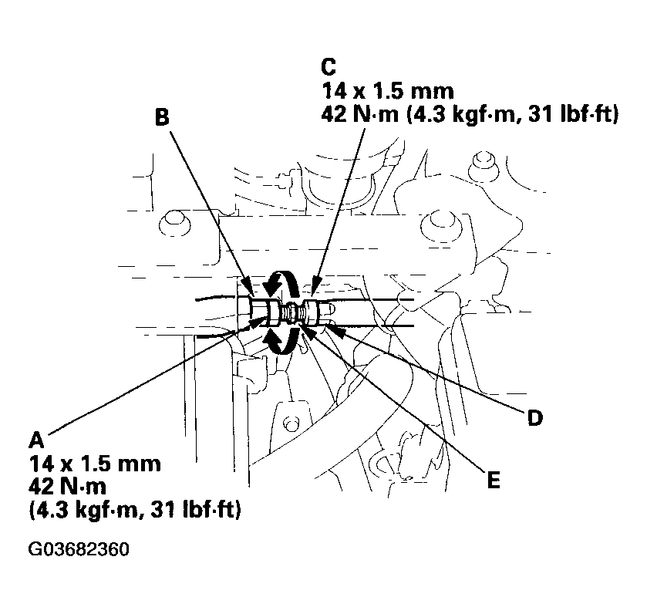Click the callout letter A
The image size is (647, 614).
click(35, 440)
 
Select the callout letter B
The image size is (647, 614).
click(161, 116)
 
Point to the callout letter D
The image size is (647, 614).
click(534, 418)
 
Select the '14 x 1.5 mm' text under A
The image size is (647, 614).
click(95, 464)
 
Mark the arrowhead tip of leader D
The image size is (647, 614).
click(329, 328)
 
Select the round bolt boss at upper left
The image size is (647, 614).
click(170, 224)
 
